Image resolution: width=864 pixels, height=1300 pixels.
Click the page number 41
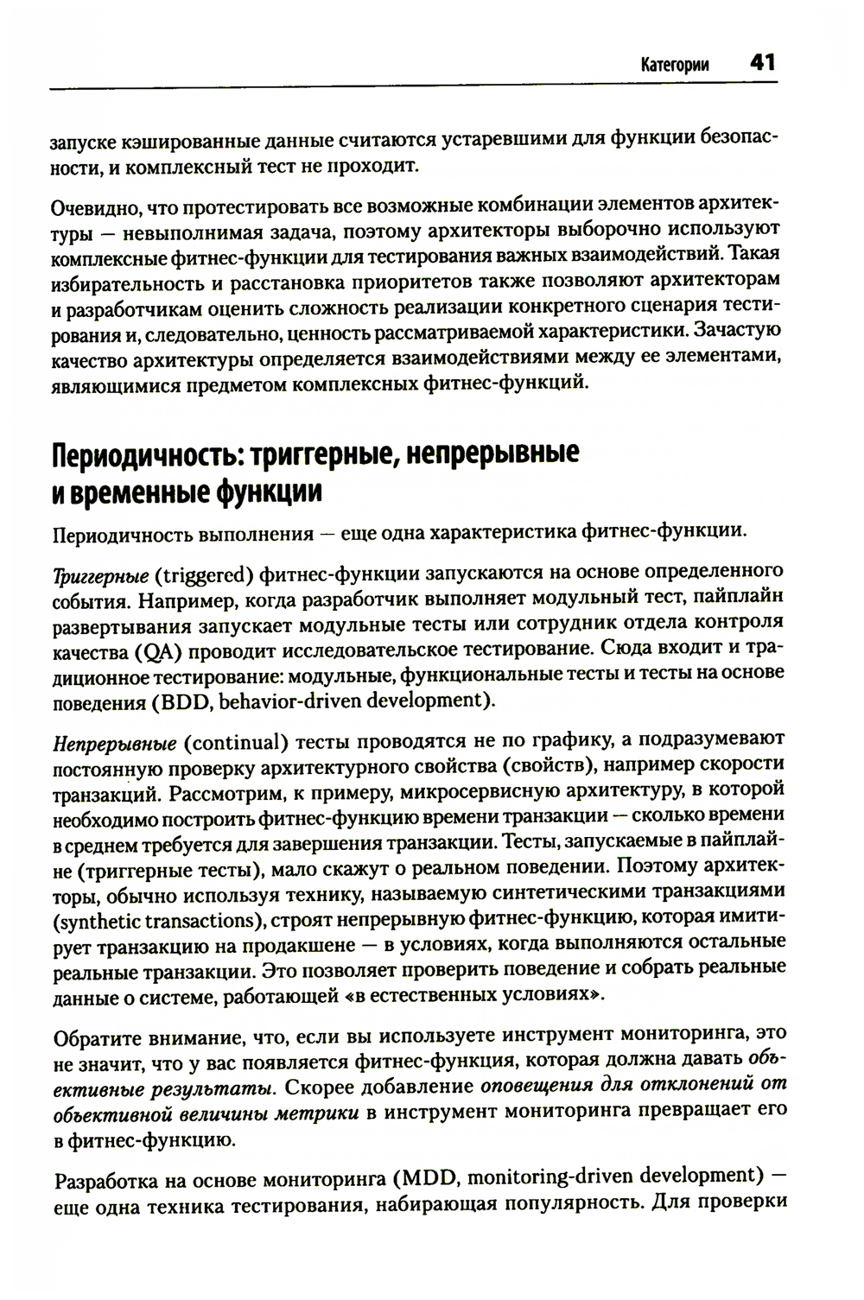click(x=762, y=63)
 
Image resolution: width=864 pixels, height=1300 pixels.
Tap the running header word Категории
click(x=675, y=65)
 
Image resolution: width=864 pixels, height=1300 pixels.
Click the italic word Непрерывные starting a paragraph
click(x=115, y=741)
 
